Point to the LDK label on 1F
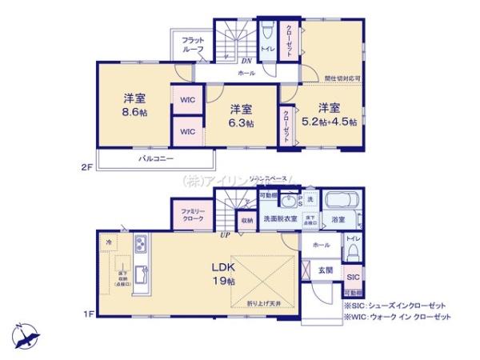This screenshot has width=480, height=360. pos(223,268)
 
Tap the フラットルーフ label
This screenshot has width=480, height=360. pos(193,44)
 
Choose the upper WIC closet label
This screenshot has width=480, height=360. pos(187,99)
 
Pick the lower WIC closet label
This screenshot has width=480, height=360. pos(187,131)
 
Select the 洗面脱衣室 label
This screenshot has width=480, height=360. pos(282,218)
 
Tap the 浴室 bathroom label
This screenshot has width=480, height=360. pos(338,218)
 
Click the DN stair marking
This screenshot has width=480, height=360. pos(248,59)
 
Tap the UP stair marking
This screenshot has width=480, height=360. pos(228,234)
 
